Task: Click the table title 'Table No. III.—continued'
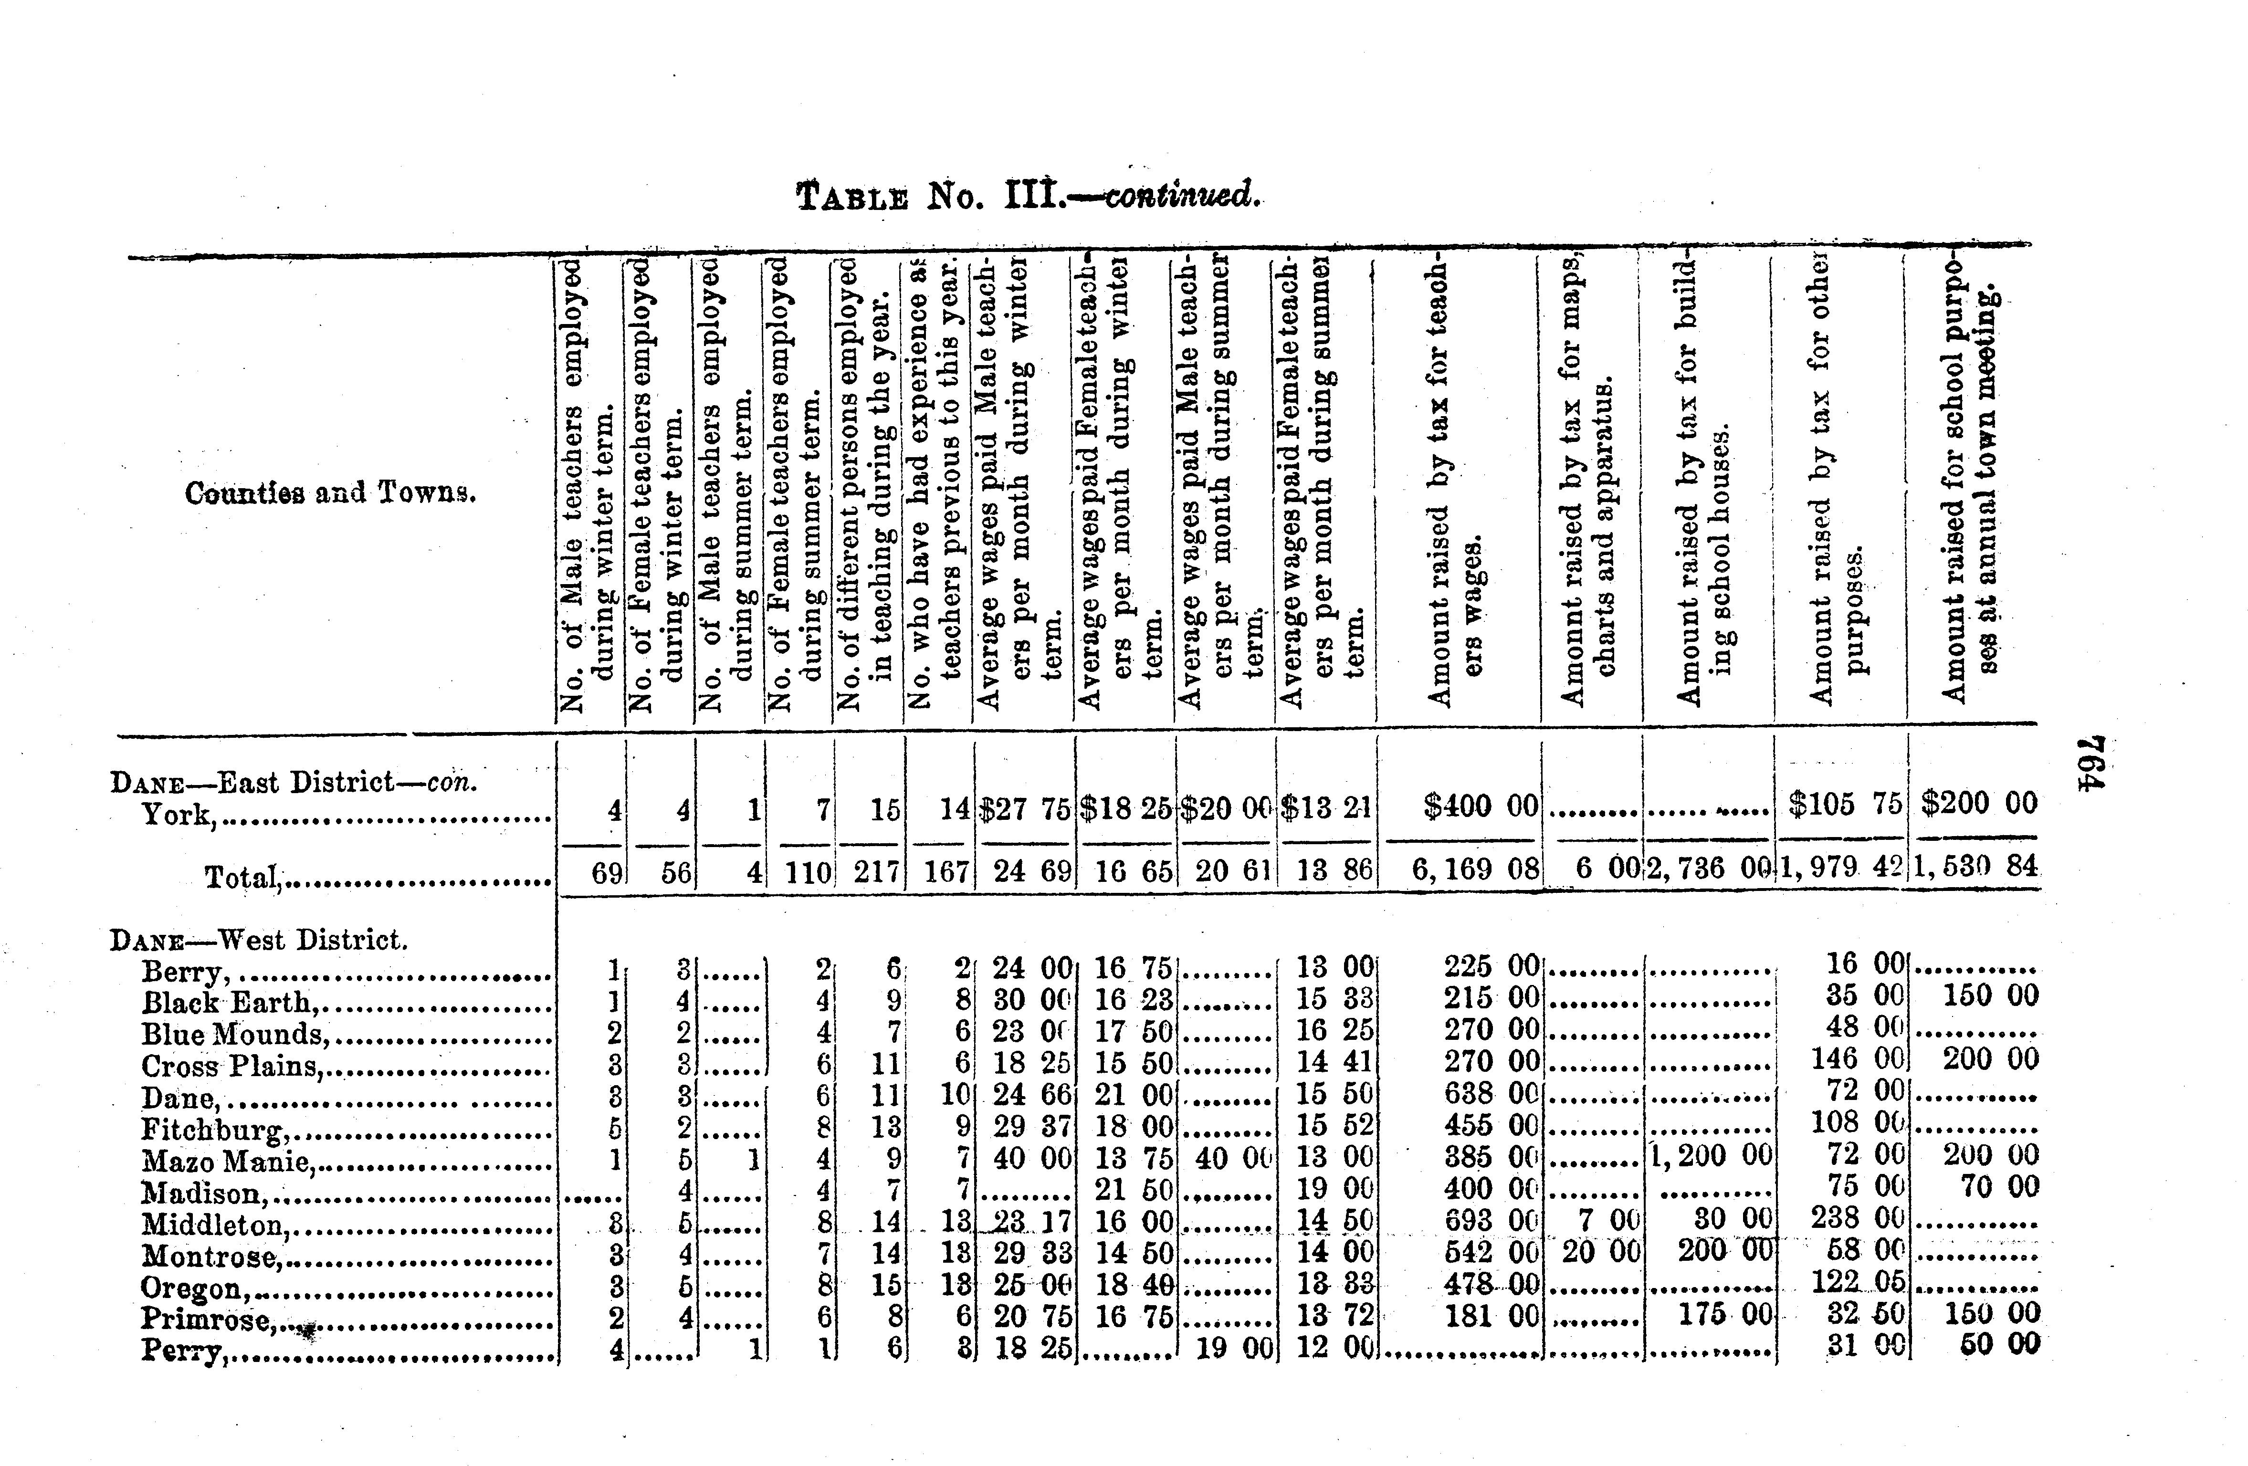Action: click(1028, 196)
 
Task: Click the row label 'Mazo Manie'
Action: click(227, 1161)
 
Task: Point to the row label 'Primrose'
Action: click(208, 1319)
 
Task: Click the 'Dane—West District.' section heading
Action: click(259, 940)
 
